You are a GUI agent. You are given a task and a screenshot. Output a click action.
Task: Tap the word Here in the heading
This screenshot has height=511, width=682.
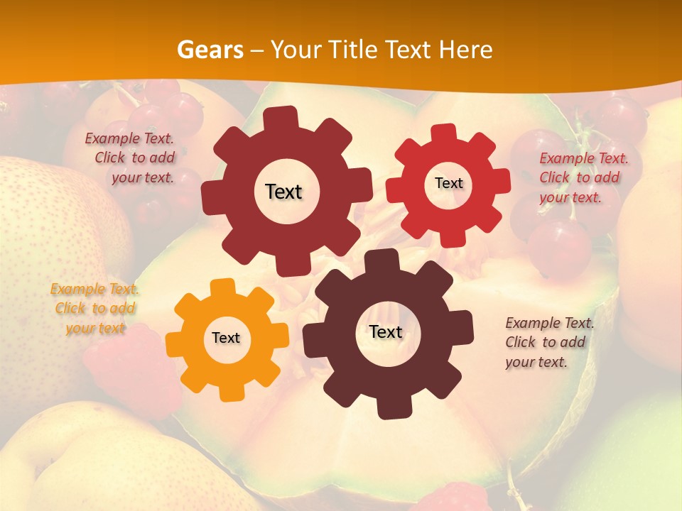[466, 50]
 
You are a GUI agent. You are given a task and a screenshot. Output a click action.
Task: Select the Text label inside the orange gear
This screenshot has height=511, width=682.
[226, 339]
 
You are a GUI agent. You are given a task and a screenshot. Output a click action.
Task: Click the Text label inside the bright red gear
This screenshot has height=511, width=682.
[449, 183]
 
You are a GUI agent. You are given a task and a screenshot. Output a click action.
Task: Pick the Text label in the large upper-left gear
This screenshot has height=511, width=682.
[284, 192]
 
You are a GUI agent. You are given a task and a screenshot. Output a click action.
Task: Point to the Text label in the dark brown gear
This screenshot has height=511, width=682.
[386, 332]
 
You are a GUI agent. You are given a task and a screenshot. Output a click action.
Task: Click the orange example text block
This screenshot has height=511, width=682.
[95, 308]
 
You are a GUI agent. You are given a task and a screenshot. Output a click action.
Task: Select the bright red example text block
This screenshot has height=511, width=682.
[583, 177]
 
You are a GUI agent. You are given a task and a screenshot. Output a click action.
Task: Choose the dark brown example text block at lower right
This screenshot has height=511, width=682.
[548, 342]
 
